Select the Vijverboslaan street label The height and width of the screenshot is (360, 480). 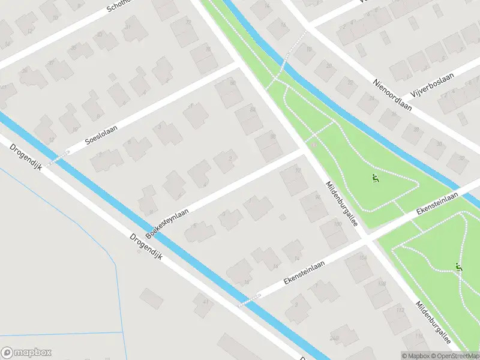(x=433, y=86)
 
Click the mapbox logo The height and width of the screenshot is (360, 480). (x=26, y=353)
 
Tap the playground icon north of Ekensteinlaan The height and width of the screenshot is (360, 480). (x=376, y=178)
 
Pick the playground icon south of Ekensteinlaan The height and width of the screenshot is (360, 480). (x=460, y=268)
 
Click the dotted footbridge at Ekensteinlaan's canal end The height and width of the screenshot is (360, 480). (x=250, y=300)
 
